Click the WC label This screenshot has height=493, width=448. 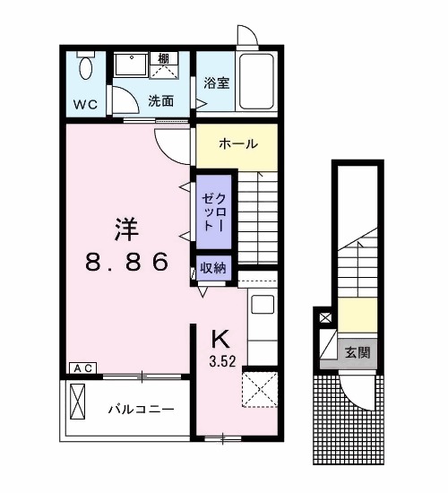pos(85,103)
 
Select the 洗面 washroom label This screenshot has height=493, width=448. pos(161,100)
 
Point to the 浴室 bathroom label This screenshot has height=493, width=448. pos(218,84)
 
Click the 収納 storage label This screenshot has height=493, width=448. pos(213,267)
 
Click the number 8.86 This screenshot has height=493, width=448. pos(127,262)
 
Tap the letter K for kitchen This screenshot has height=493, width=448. pos(219,338)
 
